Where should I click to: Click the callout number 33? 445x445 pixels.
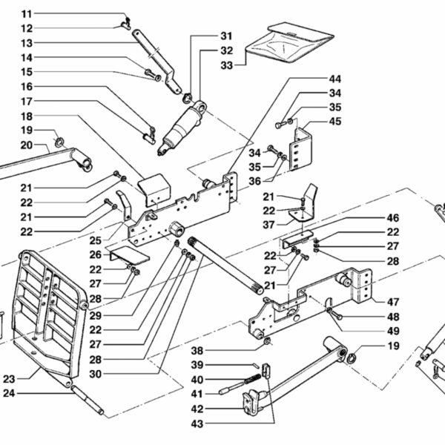(x=226, y=65)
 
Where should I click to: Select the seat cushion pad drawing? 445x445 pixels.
(x=289, y=42)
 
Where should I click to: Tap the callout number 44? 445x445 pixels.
(x=335, y=79)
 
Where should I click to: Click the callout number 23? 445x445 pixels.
(x=9, y=379)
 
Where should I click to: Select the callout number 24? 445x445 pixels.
(x=9, y=393)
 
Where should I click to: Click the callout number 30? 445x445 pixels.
(x=96, y=374)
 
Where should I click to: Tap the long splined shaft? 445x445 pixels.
(x=225, y=266)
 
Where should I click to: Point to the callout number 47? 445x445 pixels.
(x=393, y=302)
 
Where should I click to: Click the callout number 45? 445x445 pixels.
(x=335, y=122)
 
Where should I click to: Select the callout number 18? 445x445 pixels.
(x=27, y=116)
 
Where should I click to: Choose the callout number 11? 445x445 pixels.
(x=27, y=14)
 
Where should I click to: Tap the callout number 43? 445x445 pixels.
(x=197, y=424)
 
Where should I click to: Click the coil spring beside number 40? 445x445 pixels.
(x=253, y=378)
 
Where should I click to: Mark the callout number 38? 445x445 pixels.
(x=197, y=351)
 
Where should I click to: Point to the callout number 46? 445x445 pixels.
(x=393, y=218)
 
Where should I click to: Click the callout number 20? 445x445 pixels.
(x=27, y=145)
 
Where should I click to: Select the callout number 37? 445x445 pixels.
(x=268, y=225)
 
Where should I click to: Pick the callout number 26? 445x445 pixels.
(x=96, y=254)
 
